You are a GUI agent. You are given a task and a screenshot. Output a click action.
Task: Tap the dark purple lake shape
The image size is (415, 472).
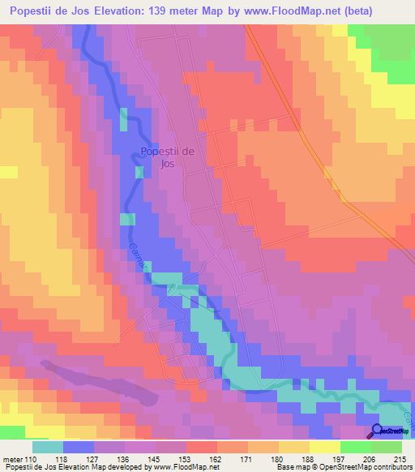(97, 381)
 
